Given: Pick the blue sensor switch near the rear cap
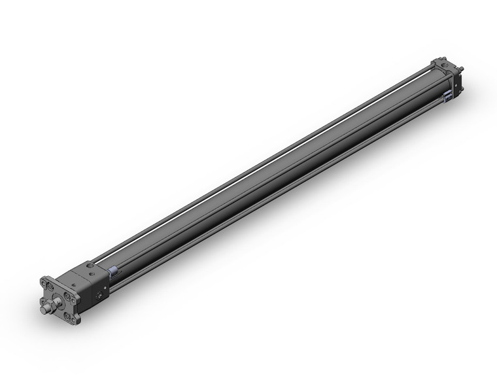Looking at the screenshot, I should pyautogui.click(x=449, y=97).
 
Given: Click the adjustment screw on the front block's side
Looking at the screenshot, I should pyautogui.click(x=99, y=296).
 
